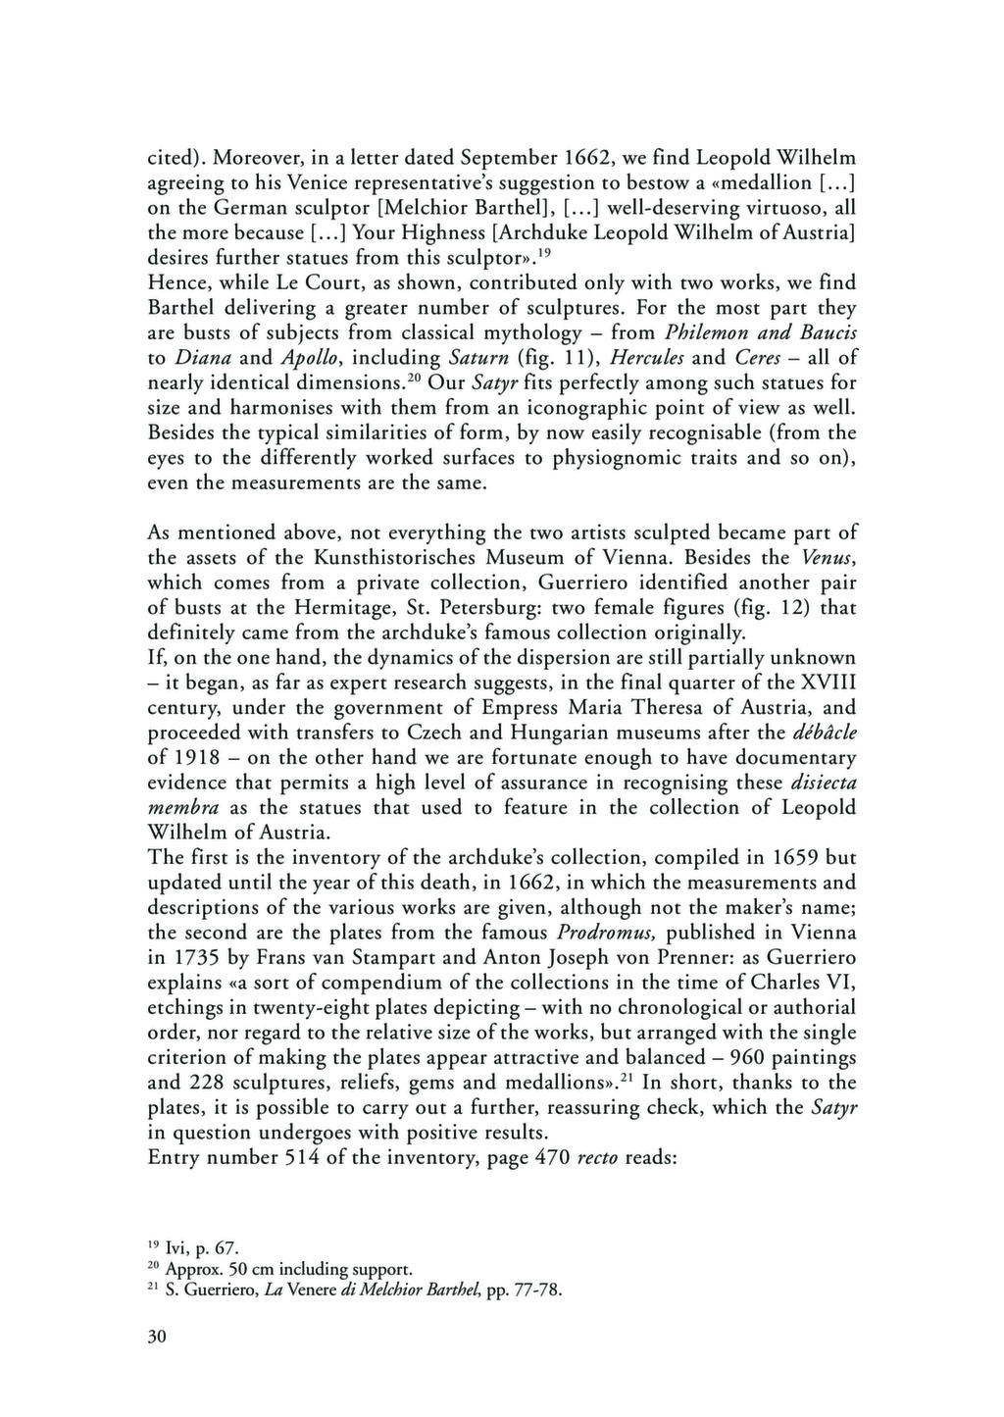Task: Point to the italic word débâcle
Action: (824, 733)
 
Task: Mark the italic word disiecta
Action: (820, 783)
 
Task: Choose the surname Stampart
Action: (410, 958)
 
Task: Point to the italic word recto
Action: (597, 1158)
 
